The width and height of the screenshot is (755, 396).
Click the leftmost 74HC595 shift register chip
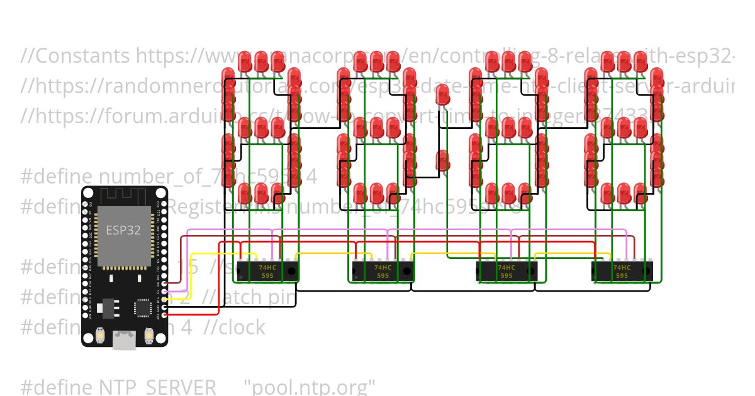coord(267,271)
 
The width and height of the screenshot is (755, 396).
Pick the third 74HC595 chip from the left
coord(506,271)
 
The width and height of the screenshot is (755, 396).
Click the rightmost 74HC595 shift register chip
coord(622,271)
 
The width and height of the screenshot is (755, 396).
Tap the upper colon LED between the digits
coord(443,96)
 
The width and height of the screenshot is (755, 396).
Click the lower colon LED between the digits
coord(443,160)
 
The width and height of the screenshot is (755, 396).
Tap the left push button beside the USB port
coord(100,337)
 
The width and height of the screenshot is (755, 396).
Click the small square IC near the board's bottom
coord(142,307)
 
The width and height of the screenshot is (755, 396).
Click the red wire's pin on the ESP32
coord(164,312)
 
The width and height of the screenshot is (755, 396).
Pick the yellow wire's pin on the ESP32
coord(164,299)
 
